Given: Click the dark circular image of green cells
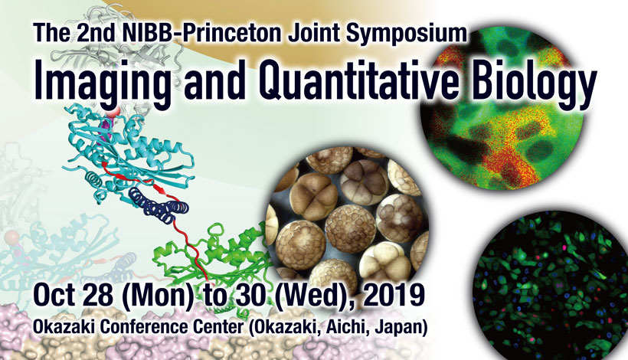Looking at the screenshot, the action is (x=551, y=285).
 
